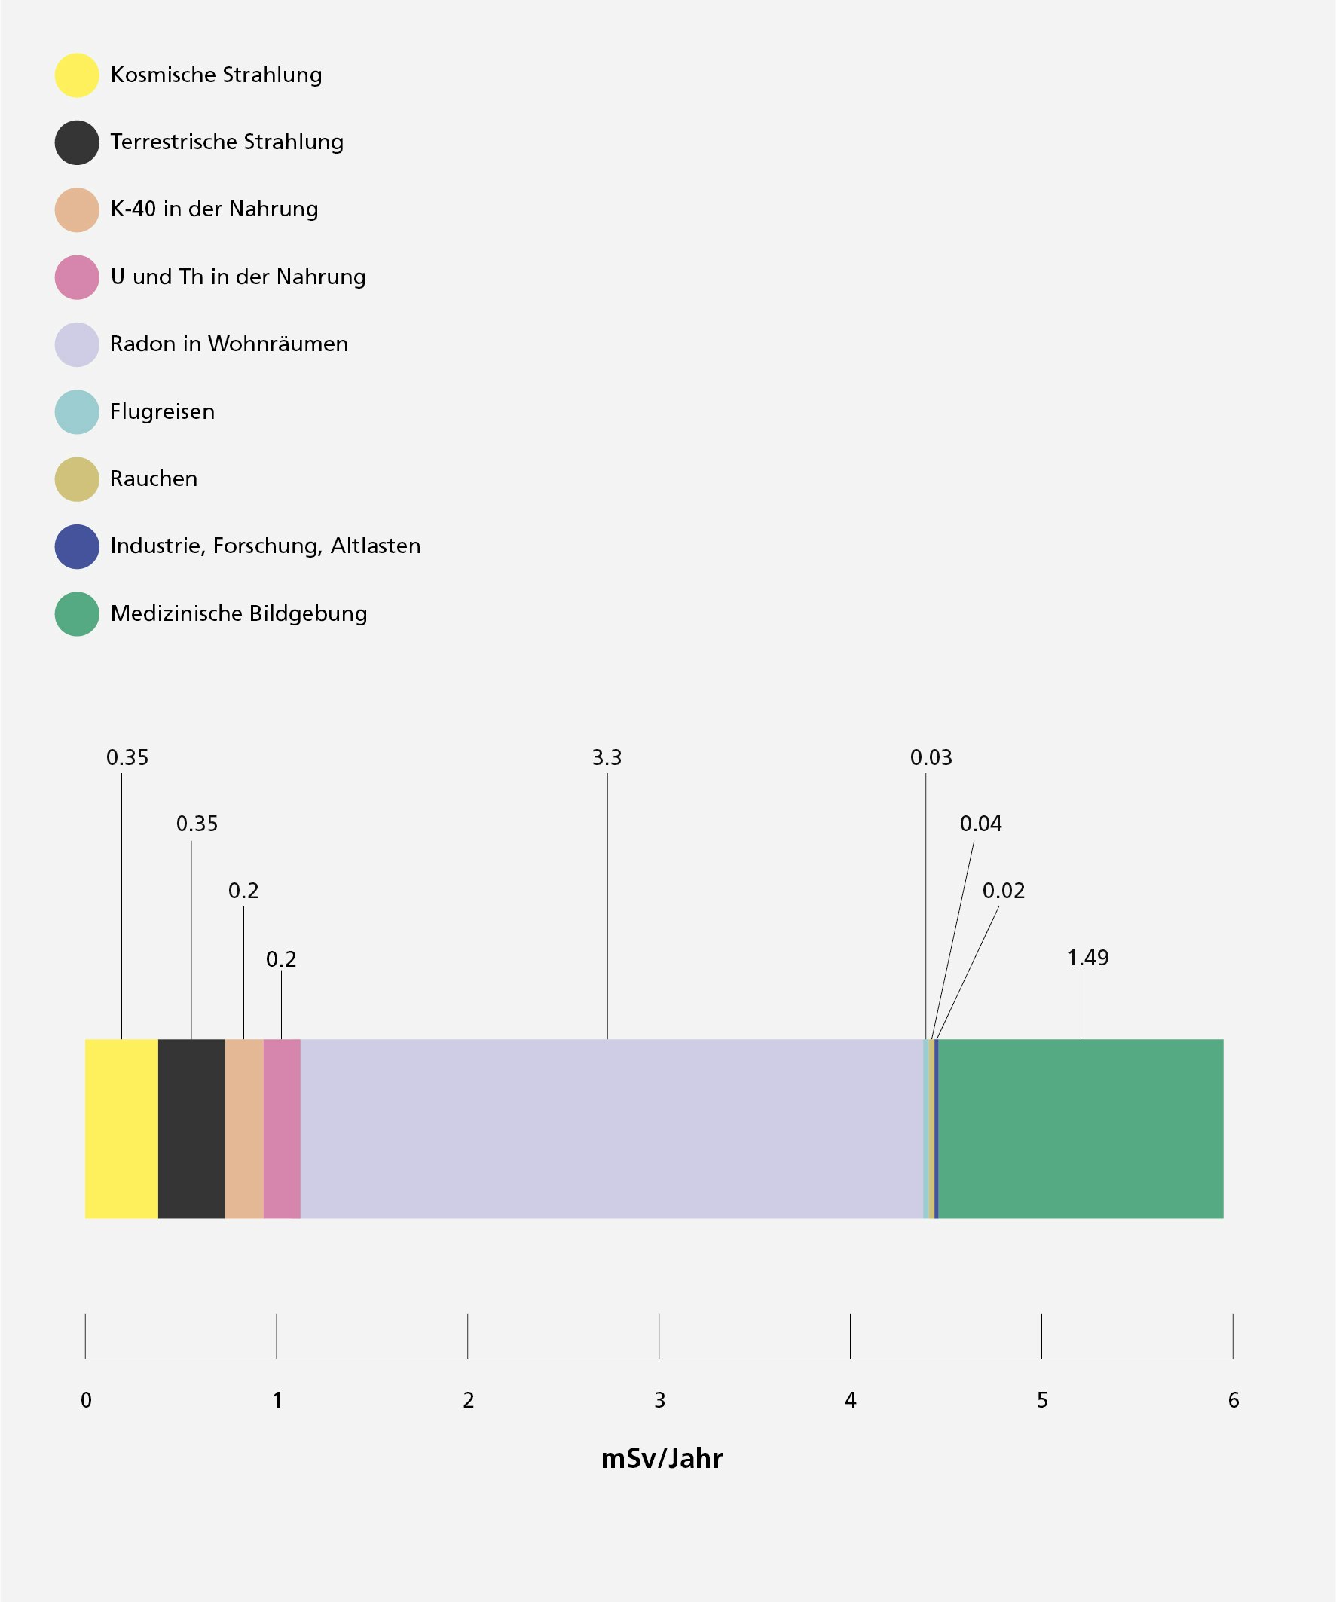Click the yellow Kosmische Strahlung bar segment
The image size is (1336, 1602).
[121, 1128]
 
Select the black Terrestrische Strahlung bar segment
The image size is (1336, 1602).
[191, 1128]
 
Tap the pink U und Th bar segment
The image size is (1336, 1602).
[282, 1128]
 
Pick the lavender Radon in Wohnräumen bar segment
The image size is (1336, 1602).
[610, 1128]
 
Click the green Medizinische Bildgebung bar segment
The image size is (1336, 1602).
[1081, 1128]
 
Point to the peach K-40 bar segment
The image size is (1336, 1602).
[243, 1128]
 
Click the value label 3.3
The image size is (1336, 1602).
[607, 757]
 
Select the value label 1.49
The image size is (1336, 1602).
[1087, 958]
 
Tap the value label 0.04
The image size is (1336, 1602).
[980, 824]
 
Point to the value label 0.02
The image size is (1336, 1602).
[1004, 891]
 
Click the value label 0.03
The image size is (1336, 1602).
[931, 757]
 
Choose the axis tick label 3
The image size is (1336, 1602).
[659, 1400]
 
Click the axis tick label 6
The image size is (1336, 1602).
[1233, 1400]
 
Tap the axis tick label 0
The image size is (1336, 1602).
[86, 1400]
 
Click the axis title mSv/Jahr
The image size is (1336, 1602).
[662, 1458]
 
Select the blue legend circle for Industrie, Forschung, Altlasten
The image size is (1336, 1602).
[77, 546]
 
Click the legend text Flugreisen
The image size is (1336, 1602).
[162, 412]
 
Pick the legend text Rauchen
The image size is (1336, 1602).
[154, 479]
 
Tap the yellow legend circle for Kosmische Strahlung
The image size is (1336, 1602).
[77, 75]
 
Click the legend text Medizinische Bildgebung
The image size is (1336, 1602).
[238, 613]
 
